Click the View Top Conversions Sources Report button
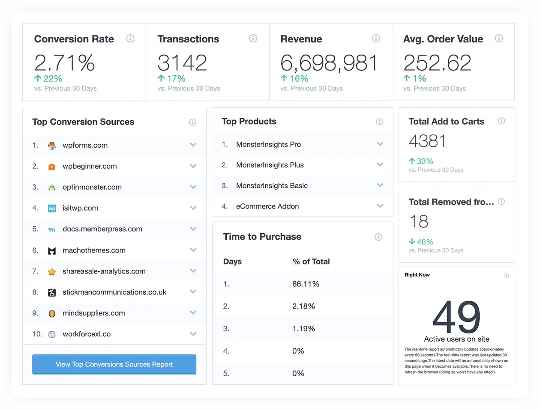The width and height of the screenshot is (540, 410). [x=114, y=364]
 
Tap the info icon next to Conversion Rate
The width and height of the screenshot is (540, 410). [x=130, y=39]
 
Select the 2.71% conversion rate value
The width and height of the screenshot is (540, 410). [x=65, y=63]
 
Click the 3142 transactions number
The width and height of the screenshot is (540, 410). [x=182, y=63]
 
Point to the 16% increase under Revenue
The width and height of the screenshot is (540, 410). [x=294, y=79]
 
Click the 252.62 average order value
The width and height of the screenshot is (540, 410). [x=437, y=63]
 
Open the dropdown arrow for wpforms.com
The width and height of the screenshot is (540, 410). [x=193, y=145]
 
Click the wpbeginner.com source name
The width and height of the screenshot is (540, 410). [x=90, y=166]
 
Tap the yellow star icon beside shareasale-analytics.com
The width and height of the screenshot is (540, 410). [x=52, y=271]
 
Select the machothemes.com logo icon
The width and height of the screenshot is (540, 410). [x=52, y=250]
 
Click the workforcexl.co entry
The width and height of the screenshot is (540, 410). [x=87, y=334]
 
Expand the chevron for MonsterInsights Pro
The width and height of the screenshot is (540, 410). [x=380, y=144]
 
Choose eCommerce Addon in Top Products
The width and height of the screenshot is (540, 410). [x=267, y=206]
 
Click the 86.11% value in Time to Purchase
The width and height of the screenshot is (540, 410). [x=306, y=284]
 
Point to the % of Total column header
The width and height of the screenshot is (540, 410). [x=311, y=261]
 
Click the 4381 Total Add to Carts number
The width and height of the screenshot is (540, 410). [x=427, y=141]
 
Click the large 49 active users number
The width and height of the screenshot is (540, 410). [x=456, y=317]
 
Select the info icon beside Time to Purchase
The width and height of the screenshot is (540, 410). [x=378, y=237]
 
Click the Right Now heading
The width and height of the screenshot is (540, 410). [x=417, y=275]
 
